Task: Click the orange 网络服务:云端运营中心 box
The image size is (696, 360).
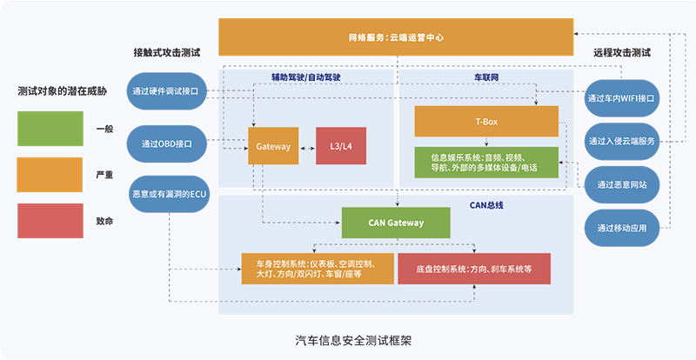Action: [396, 37]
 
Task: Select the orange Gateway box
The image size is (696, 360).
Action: [273, 147]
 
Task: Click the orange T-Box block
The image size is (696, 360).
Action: [485, 121]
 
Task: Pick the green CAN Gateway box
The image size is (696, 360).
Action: [396, 223]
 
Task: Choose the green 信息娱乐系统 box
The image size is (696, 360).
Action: [485, 162]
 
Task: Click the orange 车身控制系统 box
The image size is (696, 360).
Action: [318, 269]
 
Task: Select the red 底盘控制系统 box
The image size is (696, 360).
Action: [474, 269]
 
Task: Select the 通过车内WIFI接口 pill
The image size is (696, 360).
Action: [621, 97]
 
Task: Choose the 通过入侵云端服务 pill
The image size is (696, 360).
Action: [621, 141]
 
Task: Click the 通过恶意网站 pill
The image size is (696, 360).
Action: [621, 184]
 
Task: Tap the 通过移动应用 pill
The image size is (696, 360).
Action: [621, 229]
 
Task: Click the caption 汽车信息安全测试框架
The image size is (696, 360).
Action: [348, 340]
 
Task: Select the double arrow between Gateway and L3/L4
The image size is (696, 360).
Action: [307, 147]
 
